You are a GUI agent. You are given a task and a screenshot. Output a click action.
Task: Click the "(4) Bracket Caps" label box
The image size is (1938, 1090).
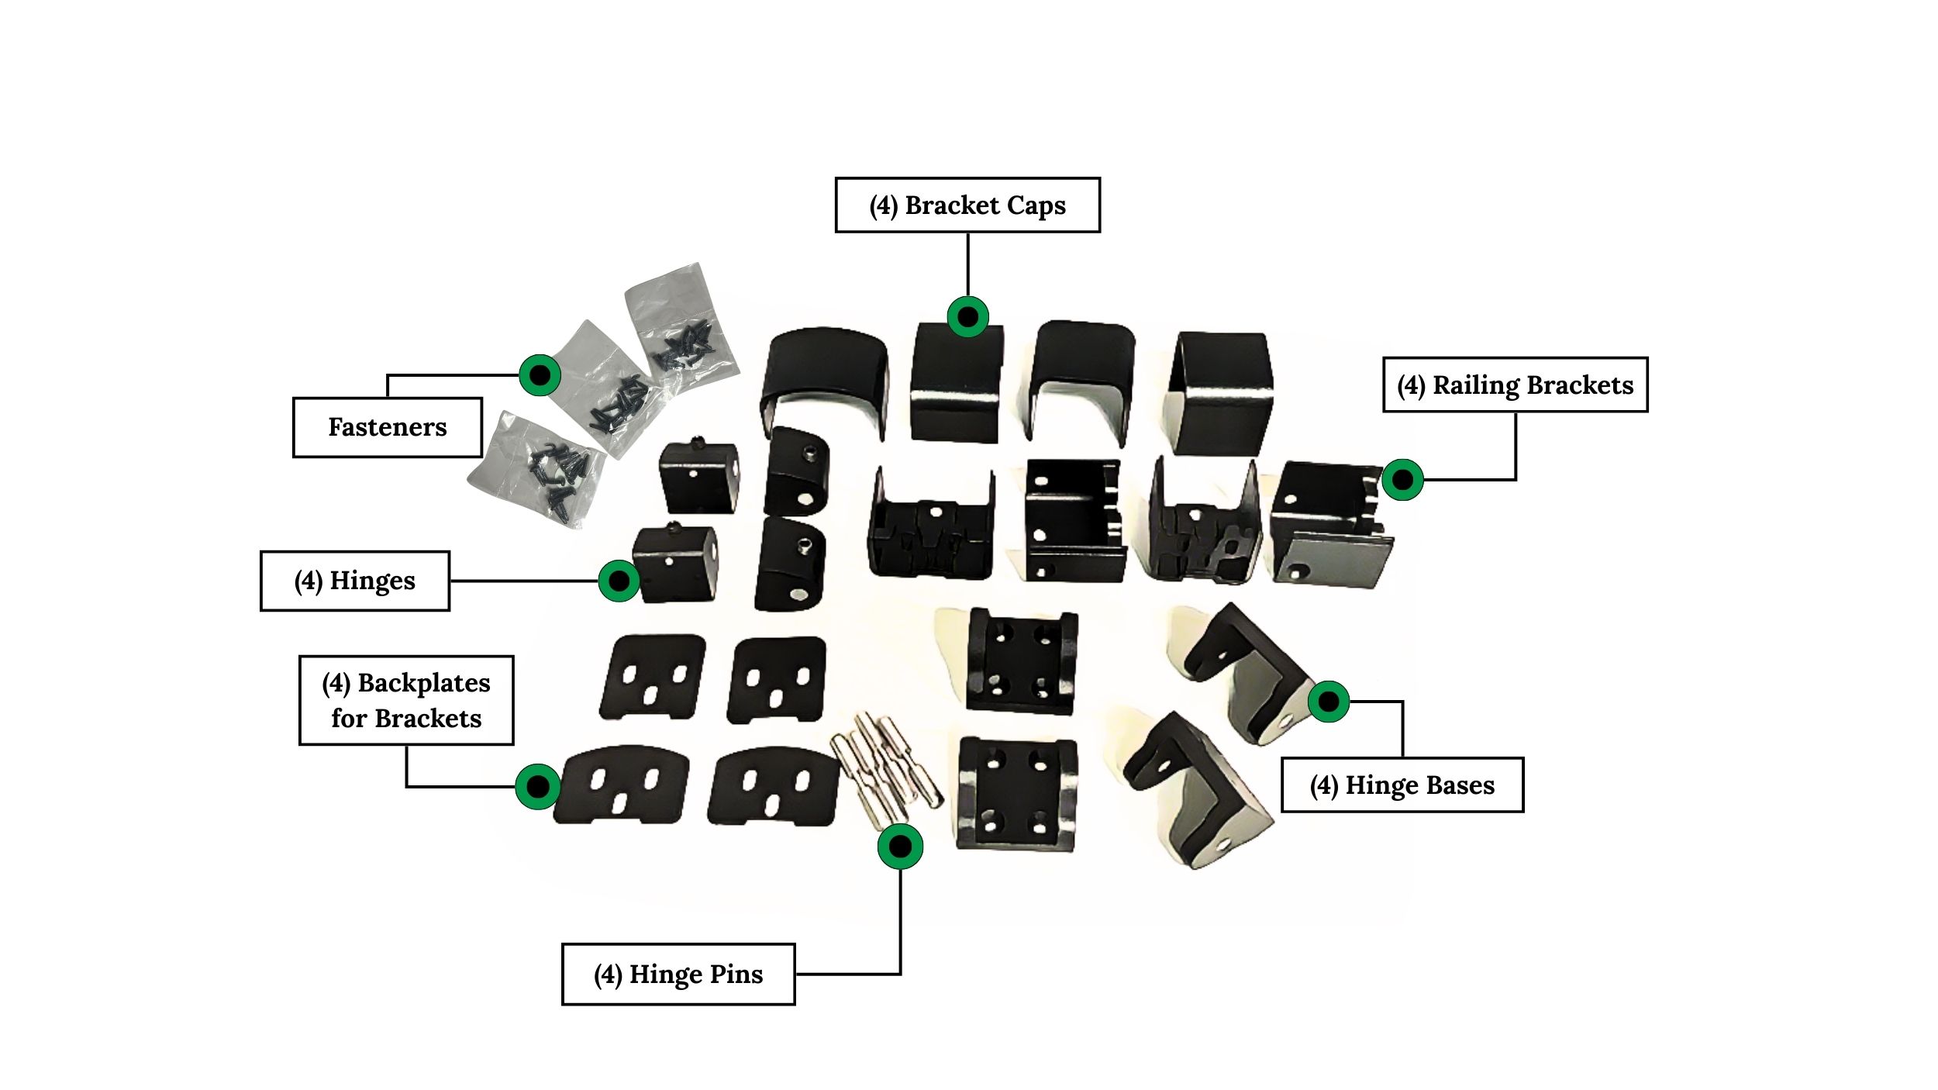tap(967, 205)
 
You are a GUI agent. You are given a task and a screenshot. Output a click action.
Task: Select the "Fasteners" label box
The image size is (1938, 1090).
tap(387, 427)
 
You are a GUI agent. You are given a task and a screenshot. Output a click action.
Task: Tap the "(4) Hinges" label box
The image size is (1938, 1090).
tap(354, 581)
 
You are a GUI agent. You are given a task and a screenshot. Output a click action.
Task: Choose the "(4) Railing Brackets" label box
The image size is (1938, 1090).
tap(1515, 385)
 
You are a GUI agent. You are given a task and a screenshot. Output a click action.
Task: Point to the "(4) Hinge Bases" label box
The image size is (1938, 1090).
tap(1402, 785)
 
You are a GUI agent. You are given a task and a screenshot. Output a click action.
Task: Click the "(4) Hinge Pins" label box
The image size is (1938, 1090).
tap(678, 974)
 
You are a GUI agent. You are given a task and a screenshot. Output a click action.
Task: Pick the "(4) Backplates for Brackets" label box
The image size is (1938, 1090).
tap(406, 700)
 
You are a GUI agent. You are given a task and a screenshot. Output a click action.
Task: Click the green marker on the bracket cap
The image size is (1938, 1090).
tap(967, 316)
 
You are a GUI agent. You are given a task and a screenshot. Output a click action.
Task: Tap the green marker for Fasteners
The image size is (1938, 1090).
tap(540, 375)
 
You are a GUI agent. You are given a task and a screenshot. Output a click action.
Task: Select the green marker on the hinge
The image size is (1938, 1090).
tap(619, 580)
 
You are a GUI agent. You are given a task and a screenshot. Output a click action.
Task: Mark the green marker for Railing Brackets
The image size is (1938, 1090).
tap(1402, 480)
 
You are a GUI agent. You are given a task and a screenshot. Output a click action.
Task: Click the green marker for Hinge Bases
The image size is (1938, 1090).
tap(1329, 702)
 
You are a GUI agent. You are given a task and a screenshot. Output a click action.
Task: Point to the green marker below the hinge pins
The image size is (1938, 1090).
tap(900, 847)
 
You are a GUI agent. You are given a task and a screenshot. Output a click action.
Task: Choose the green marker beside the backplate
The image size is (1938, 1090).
tap(537, 787)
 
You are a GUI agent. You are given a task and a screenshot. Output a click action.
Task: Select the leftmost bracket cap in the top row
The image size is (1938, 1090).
tap(824, 380)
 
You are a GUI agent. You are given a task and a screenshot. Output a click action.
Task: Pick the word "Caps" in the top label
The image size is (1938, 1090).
tap(1036, 205)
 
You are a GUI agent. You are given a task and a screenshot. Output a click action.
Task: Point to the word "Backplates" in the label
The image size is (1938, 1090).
tap(424, 683)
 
